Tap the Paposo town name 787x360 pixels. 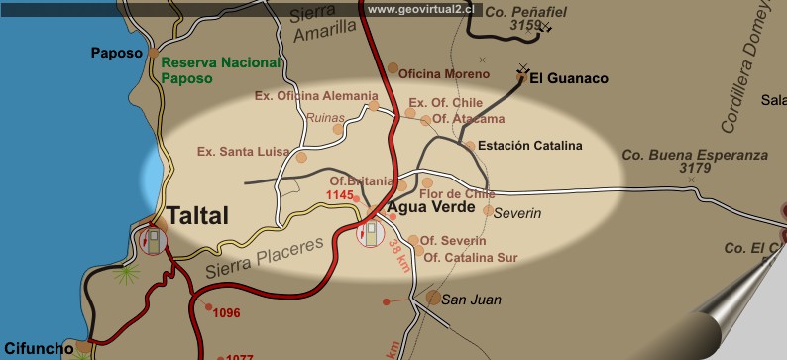point(118,53)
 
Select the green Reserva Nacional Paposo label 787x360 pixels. point(209,68)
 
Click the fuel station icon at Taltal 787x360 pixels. point(153,240)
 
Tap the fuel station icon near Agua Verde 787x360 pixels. point(371,234)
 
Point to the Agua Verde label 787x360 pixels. point(424,209)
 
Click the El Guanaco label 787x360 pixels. point(569,77)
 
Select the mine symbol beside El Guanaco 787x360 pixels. point(523,70)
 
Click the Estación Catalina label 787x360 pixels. point(530,146)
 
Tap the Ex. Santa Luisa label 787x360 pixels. point(243,152)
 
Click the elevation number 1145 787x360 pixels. point(340,196)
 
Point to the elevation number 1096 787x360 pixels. point(227,313)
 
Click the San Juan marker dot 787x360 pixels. point(433,297)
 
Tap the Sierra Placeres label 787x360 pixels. point(266,257)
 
